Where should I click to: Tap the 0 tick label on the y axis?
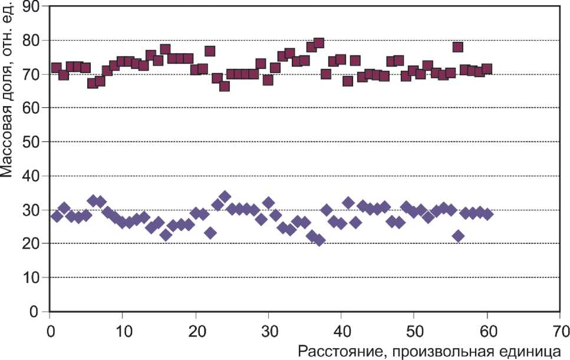(35, 311)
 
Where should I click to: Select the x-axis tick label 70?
(560, 325)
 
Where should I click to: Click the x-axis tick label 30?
(268, 325)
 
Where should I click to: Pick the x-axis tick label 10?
(123, 325)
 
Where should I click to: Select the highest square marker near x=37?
(319, 43)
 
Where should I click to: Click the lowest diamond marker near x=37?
(319, 240)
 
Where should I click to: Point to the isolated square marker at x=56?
(457, 47)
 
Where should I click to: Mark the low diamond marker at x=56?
(457, 236)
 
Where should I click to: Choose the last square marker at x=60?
(486, 69)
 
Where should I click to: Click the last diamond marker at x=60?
(486, 214)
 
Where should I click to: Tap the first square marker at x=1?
(57, 68)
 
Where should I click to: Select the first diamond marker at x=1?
(57, 216)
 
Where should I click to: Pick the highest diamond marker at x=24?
(225, 197)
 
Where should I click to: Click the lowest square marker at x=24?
(224, 86)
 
